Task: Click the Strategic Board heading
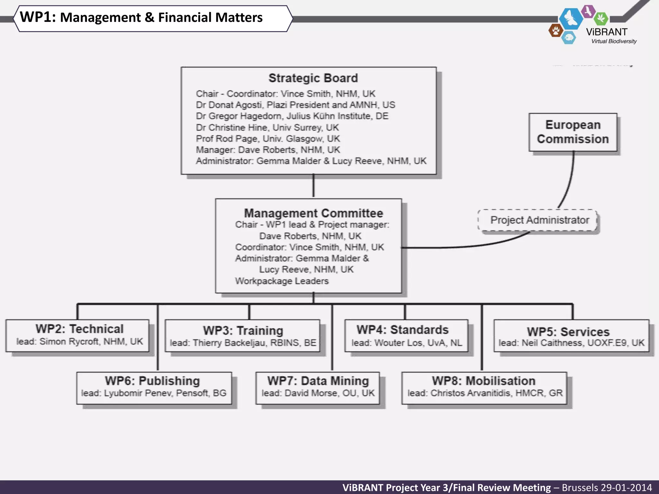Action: click(x=313, y=78)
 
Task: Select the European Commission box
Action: click(x=573, y=132)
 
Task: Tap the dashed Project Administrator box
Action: click(x=539, y=220)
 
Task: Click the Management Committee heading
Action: click(x=313, y=213)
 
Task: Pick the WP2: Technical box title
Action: click(x=79, y=329)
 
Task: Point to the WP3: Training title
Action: click(x=243, y=331)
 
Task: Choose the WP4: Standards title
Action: click(x=402, y=330)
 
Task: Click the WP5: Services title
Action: click(x=568, y=332)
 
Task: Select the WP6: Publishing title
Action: click(x=152, y=381)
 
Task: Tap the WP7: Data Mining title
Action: click(x=318, y=381)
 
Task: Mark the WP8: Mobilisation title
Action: click(x=484, y=381)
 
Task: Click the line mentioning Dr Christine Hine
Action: click(x=267, y=128)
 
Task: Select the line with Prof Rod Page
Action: click(x=268, y=139)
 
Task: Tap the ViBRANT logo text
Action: click(x=607, y=32)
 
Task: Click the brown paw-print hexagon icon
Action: click(x=555, y=31)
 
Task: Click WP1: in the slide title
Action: click(x=38, y=17)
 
